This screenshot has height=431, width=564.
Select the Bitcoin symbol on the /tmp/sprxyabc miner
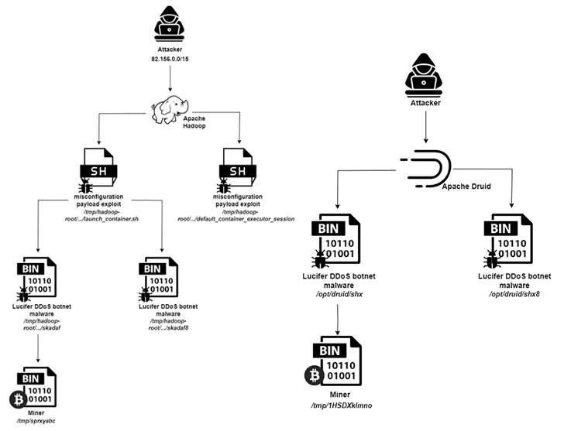pos(16,399)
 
